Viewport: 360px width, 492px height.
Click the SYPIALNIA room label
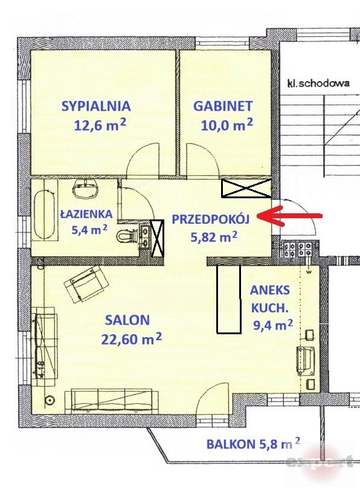(96, 106)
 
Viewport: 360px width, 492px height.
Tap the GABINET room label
(223, 106)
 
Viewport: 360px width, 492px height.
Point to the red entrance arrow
(289, 216)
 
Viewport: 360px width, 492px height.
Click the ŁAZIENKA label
(86, 215)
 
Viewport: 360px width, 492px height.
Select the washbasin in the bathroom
(85, 190)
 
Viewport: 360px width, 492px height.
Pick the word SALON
(127, 320)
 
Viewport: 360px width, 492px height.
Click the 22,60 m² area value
(132, 339)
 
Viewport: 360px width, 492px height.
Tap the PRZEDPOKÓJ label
(210, 219)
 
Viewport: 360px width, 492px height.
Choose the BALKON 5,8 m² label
(253, 444)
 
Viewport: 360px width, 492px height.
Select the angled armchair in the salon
(86, 283)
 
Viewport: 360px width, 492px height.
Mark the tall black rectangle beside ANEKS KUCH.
(229, 299)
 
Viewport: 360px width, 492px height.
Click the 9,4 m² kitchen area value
(273, 325)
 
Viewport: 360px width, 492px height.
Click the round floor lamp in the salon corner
(50, 400)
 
